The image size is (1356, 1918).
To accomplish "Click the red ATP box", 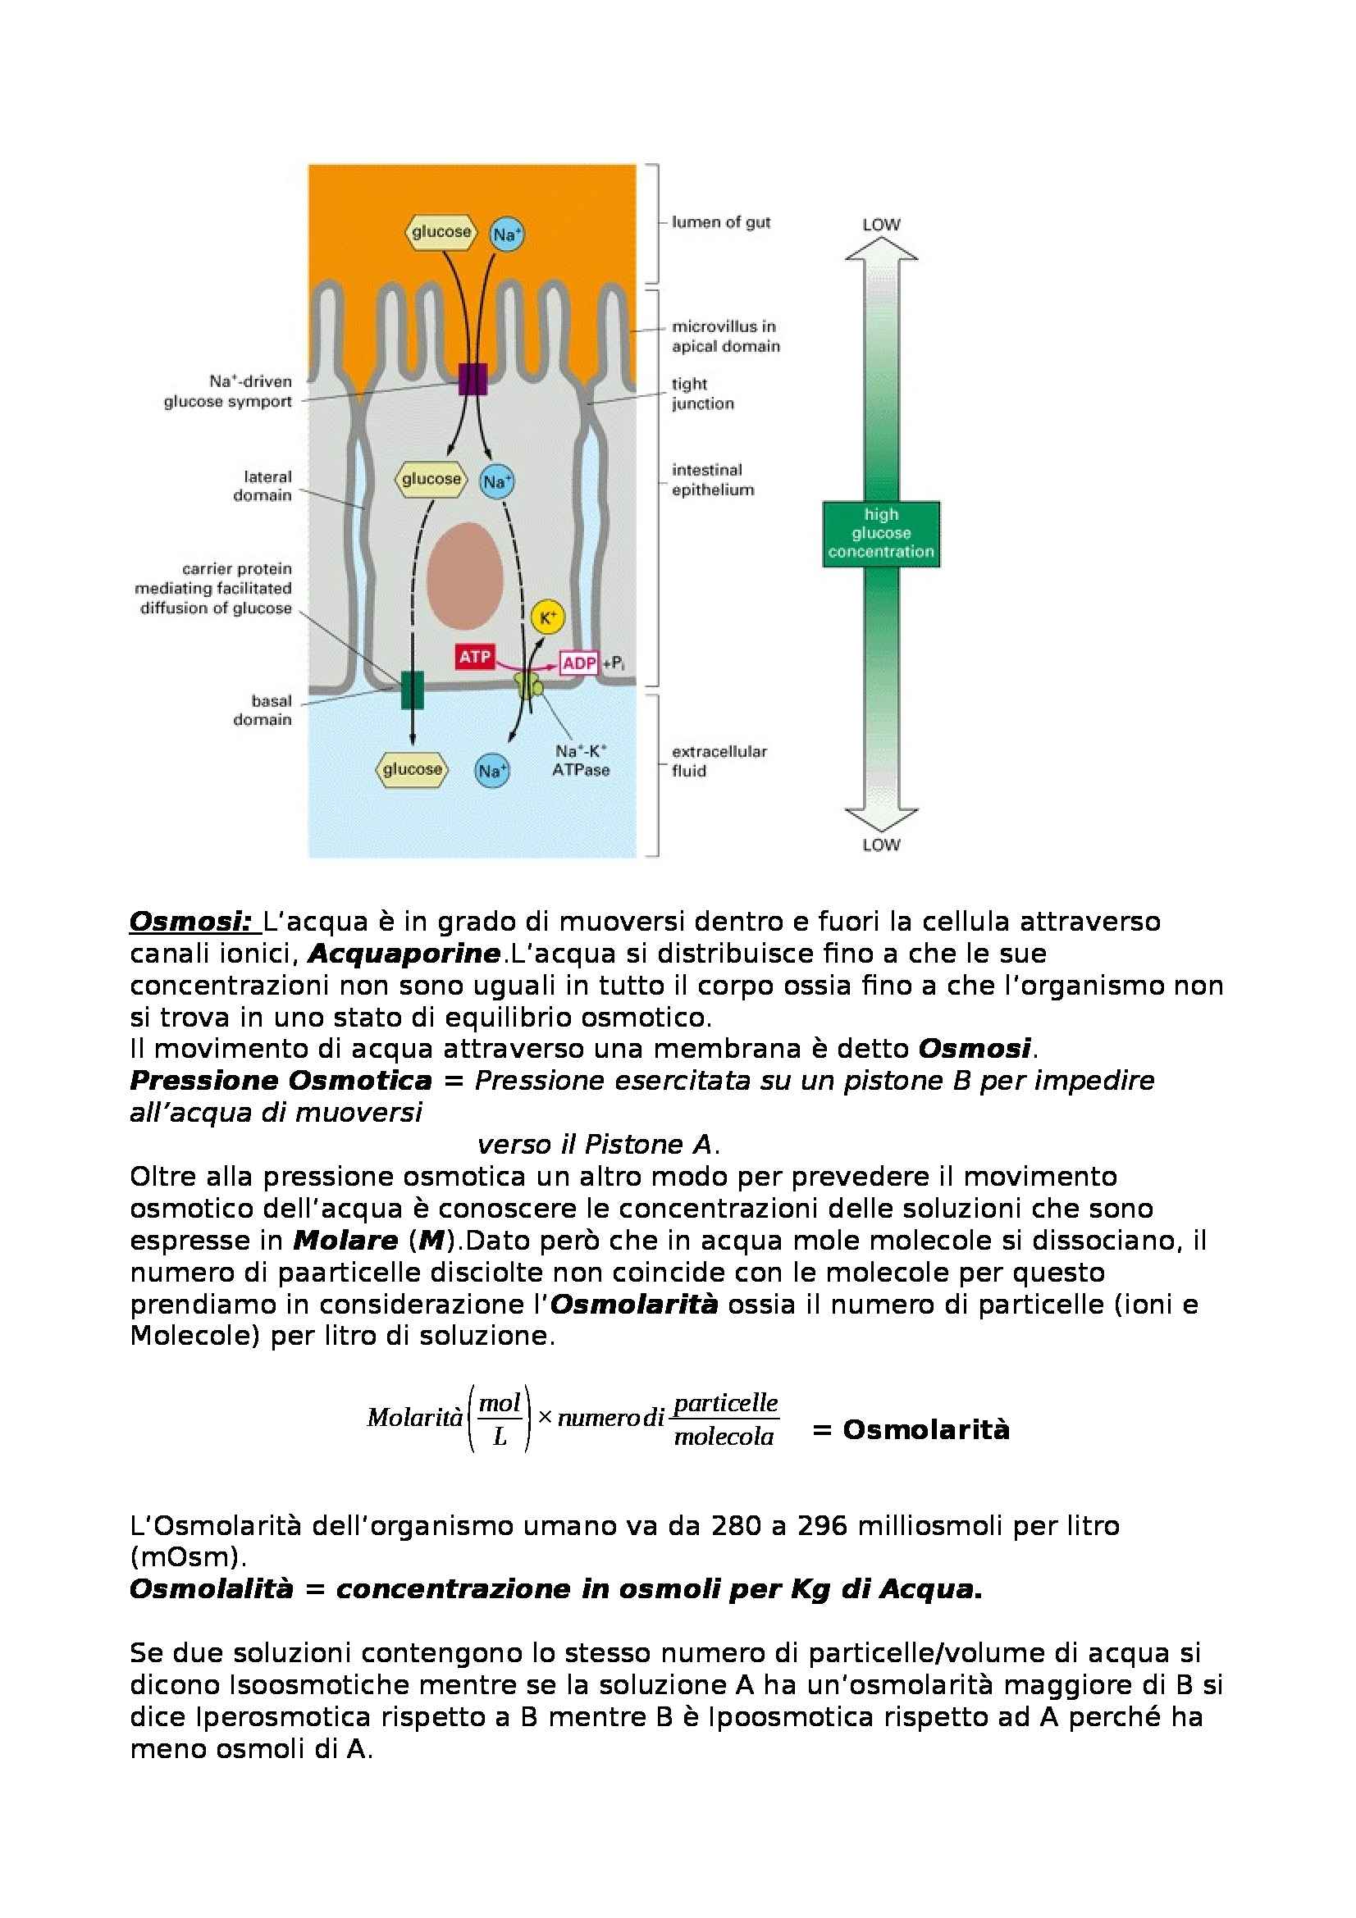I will coord(474,657).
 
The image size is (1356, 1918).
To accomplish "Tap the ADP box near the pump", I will coord(579,663).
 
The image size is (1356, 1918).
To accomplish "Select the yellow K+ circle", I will coord(548,617).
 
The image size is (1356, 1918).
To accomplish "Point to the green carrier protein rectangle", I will coord(413,690).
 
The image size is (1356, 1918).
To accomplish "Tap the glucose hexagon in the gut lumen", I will coord(441,231).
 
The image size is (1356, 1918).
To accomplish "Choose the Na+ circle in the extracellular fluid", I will coord(492,770).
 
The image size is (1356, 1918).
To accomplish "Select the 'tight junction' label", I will coord(702,394).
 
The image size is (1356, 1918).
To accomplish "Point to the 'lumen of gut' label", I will coord(720,222).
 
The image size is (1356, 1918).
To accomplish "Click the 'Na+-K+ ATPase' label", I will coord(581,760).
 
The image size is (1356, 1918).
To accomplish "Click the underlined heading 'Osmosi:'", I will coord(190,922).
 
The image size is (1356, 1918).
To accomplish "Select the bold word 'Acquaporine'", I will coord(404,953).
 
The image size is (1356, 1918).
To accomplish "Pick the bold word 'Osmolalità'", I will coord(212,1589).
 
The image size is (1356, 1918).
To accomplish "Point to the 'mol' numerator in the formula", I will coord(500,1403).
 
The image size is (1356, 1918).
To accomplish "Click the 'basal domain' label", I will coord(263,710).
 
